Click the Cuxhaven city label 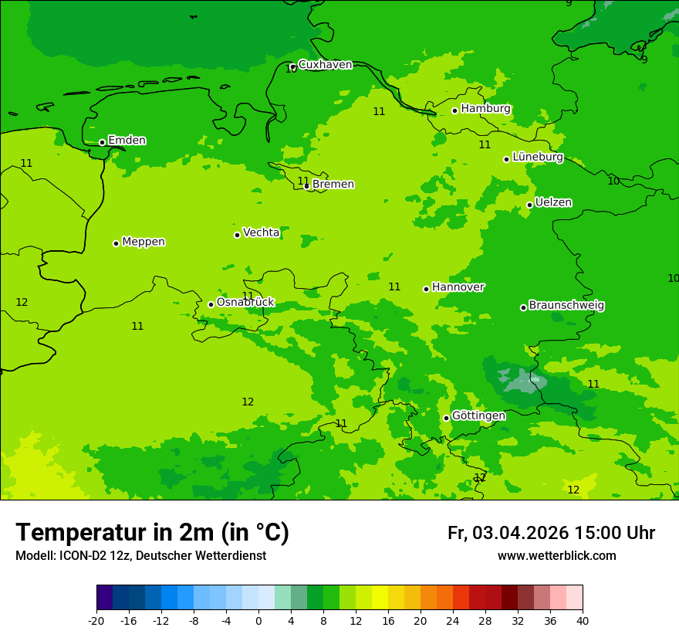[325, 65]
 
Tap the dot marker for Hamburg [455, 110]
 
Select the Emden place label [127, 141]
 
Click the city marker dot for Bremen [306, 186]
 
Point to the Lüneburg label [538, 157]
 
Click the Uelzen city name [553, 202]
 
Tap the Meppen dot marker [116, 243]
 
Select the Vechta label [261, 232]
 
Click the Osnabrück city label [245, 303]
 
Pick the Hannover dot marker [426, 289]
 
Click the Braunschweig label [566, 306]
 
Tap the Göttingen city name [478, 416]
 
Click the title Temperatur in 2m [152, 533]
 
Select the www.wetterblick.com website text [556, 556]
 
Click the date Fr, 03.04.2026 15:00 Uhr [551, 533]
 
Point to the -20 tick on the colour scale [96, 621]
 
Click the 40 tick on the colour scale [583, 621]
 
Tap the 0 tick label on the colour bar [258, 621]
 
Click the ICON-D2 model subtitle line [140, 556]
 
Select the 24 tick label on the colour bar [453, 621]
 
